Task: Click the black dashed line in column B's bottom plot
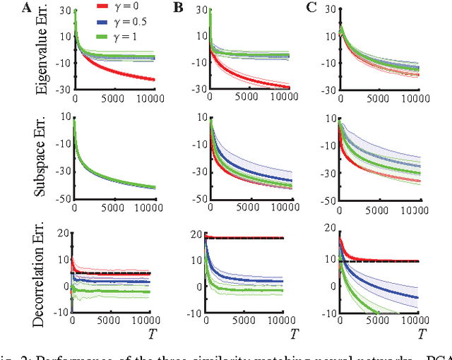(x=247, y=238)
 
